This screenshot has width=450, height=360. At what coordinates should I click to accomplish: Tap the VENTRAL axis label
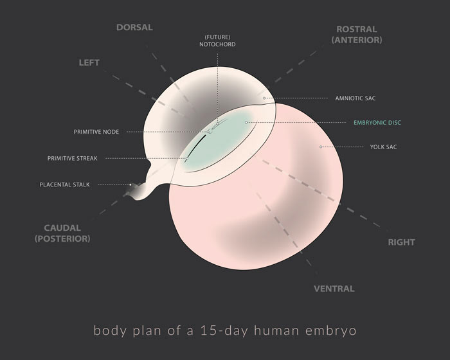[334, 289]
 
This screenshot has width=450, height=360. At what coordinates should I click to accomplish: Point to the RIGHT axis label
[401, 242]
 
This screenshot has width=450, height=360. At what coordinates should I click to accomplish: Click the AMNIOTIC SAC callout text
[355, 98]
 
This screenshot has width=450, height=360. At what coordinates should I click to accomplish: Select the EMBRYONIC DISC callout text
[376, 122]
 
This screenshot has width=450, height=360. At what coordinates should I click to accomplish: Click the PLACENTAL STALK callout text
[65, 184]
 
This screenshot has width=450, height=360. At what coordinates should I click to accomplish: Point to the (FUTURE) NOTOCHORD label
[217, 40]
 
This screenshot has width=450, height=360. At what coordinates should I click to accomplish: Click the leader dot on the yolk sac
[321, 147]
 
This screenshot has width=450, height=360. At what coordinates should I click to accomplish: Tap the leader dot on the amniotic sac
[264, 98]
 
